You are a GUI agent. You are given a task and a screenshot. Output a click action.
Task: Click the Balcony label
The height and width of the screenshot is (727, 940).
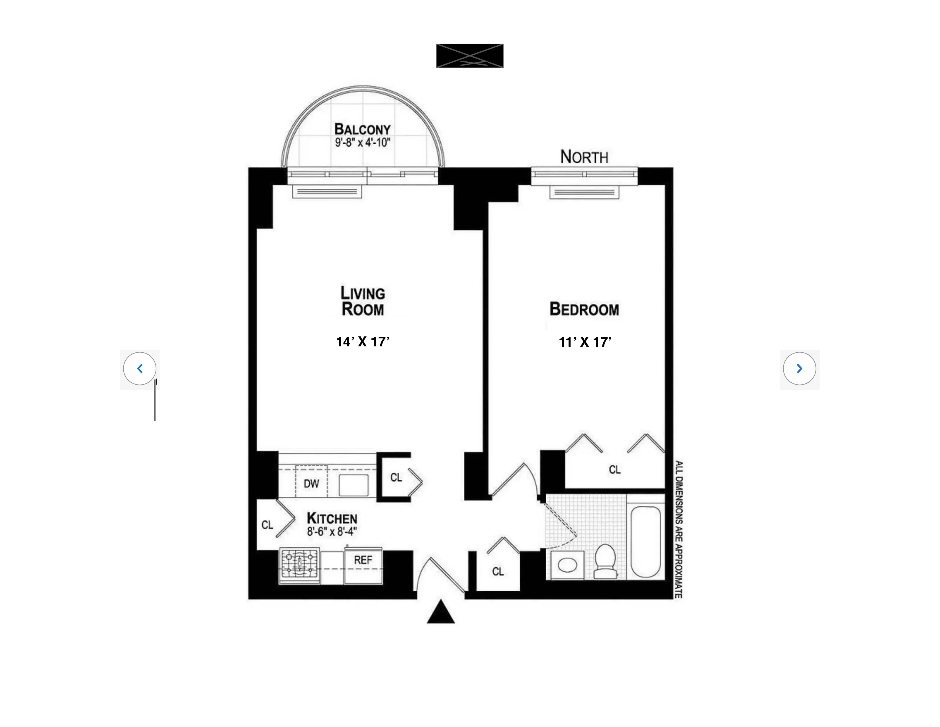[362, 129]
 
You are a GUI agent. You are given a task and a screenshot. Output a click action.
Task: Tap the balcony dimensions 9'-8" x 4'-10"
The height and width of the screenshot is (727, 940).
[362, 142]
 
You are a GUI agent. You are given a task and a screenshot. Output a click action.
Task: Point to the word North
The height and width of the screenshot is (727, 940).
[584, 157]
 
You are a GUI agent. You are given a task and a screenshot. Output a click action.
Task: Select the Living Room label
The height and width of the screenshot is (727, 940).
[362, 301]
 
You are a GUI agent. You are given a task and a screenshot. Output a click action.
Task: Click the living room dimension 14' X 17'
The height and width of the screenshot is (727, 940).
[362, 342]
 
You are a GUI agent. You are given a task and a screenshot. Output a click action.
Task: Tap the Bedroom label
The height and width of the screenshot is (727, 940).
[584, 309]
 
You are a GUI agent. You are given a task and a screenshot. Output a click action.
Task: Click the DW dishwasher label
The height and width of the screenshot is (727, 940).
[311, 484]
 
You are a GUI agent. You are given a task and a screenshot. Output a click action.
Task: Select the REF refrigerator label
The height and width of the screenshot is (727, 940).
[363, 560]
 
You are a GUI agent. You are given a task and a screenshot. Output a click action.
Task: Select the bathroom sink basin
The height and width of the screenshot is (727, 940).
[567, 564]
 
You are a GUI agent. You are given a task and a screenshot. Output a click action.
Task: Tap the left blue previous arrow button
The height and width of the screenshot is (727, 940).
[140, 369]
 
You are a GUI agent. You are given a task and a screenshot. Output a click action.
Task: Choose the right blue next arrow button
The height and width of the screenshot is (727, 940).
[799, 369]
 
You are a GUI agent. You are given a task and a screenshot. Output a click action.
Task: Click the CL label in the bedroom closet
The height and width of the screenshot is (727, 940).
[615, 470]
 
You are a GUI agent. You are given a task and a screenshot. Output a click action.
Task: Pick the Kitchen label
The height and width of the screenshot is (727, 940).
[332, 518]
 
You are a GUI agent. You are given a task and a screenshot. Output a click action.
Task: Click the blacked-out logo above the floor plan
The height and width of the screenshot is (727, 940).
[469, 56]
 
